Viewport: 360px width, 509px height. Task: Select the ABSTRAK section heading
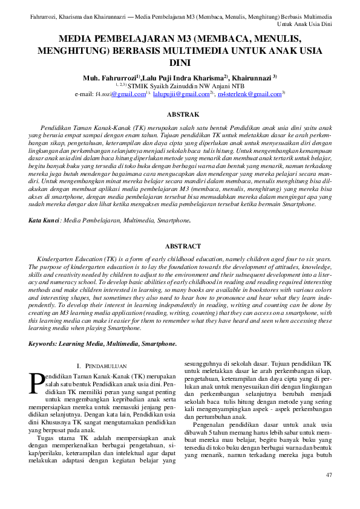point(182,114)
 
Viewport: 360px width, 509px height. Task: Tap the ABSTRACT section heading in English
point(182,246)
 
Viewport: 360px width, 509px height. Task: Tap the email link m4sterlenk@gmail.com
point(249,94)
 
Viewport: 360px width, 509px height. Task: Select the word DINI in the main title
point(180,62)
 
